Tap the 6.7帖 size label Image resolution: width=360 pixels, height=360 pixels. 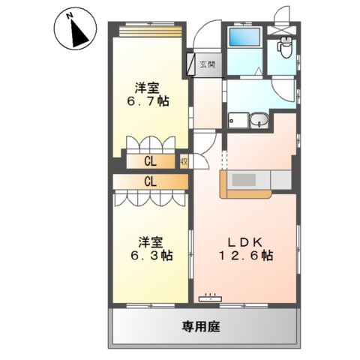pyautogui.click(x=147, y=101)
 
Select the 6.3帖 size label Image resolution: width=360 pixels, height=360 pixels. pyautogui.click(x=151, y=256)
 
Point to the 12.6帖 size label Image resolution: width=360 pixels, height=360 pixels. pyautogui.click(x=245, y=256)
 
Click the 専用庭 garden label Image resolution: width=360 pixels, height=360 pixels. pyautogui.click(x=201, y=327)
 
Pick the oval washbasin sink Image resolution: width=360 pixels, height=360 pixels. pyautogui.click(x=260, y=121)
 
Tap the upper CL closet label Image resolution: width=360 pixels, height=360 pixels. pyautogui.click(x=150, y=160)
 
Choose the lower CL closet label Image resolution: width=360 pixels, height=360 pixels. pyautogui.click(x=150, y=181)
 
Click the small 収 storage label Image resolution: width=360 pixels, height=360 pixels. pyautogui.click(x=184, y=160)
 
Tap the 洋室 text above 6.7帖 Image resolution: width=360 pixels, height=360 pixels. pyautogui.click(x=147, y=86)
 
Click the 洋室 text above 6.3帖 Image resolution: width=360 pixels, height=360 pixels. pyautogui.click(x=151, y=241)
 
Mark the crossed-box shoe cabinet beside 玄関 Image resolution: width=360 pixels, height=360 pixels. pyautogui.click(x=190, y=64)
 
